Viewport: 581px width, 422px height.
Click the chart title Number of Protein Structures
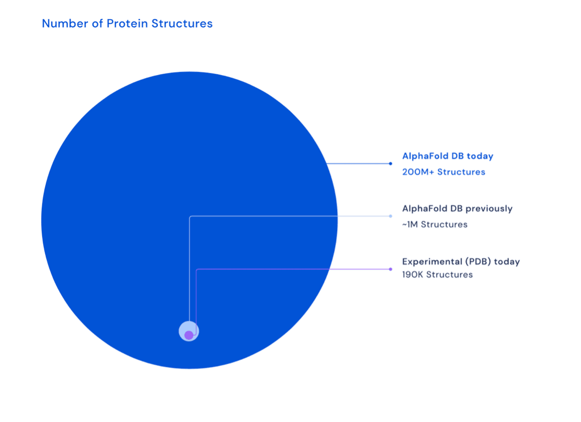click(x=127, y=23)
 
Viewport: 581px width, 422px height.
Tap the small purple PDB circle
click(x=189, y=335)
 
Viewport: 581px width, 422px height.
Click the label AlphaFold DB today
click(x=448, y=156)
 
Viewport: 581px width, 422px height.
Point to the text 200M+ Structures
click(x=443, y=172)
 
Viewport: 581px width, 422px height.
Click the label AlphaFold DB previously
click(x=457, y=209)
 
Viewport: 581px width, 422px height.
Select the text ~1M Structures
click(x=435, y=224)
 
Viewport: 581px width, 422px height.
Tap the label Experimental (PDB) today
click(x=461, y=261)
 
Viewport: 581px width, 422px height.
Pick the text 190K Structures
click(x=437, y=274)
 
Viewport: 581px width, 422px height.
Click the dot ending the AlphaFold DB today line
click(x=390, y=164)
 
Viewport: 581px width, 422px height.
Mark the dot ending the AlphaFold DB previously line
click(x=390, y=216)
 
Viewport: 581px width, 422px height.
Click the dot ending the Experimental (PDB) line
click(x=390, y=269)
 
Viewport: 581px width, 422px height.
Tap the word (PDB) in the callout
click(x=475, y=261)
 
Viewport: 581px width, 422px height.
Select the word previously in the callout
click(x=489, y=209)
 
